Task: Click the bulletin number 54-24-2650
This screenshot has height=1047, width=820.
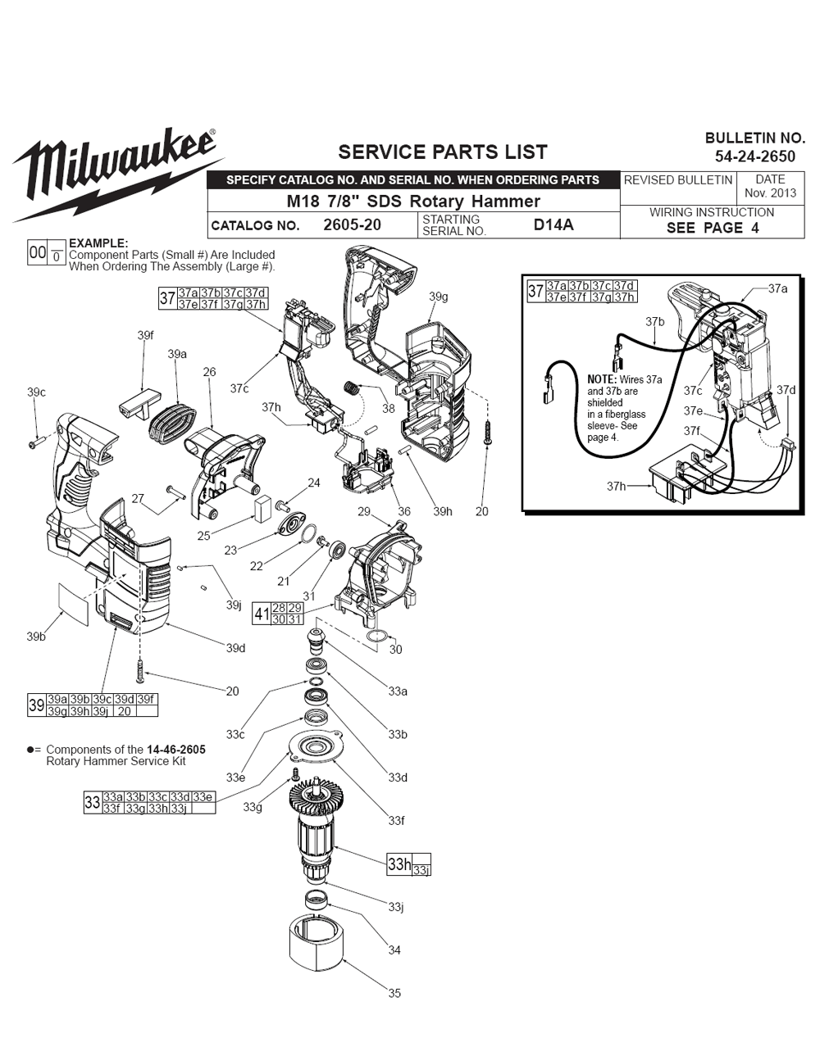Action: coord(755,156)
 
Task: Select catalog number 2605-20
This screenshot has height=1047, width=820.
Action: coord(352,224)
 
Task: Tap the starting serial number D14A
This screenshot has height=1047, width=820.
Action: coord(553,224)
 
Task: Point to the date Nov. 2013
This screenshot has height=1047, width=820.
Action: coord(770,193)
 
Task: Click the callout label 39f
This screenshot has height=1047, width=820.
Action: coord(145,335)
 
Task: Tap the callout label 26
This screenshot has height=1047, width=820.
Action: coord(209,372)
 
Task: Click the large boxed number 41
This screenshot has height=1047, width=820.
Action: coord(262,614)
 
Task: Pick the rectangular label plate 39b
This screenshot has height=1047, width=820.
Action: coord(75,604)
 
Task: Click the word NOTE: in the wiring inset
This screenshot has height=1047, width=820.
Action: coord(602,379)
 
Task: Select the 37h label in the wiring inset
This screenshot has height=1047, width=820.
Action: coord(616,486)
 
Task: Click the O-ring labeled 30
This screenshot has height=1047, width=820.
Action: coord(376,637)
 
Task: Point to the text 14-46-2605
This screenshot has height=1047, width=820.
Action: coord(176,750)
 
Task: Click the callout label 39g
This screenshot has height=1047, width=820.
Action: coord(438,297)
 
